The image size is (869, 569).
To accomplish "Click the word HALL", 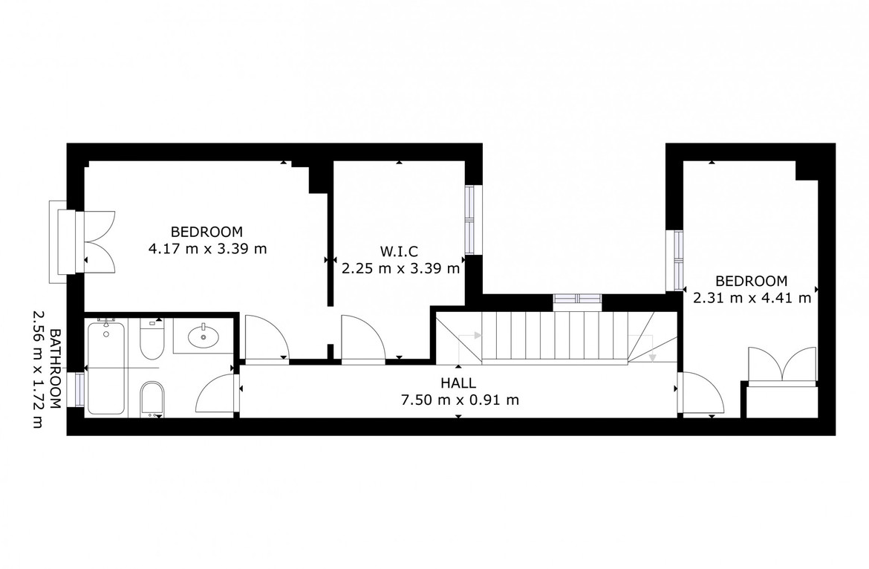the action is click(x=458, y=383).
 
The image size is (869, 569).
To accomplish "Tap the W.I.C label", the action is click(x=399, y=252).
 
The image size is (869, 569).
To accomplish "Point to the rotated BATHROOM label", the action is click(x=55, y=369).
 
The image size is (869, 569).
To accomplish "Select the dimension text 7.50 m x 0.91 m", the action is click(x=460, y=400).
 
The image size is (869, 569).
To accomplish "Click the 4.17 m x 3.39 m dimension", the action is click(x=207, y=249).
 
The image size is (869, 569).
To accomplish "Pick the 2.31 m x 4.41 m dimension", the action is click(x=752, y=298).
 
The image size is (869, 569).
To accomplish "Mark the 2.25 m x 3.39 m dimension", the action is click(x=400, y=269).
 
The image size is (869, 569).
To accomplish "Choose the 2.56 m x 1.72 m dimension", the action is click(x=38, y=369).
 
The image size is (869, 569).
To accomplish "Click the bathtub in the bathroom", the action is click(x=106, y=368).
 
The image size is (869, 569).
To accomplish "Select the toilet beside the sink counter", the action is click(x=152, y=339).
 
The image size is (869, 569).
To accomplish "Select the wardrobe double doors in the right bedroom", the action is click(x=782, y=365).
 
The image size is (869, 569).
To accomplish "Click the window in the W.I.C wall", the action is click(x=470, y=220).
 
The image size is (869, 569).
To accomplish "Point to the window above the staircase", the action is click(x=578, y=299).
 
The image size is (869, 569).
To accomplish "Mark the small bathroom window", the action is click(x=79, y=390).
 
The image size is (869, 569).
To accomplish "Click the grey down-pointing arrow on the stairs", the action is click(x=652, y=357).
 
